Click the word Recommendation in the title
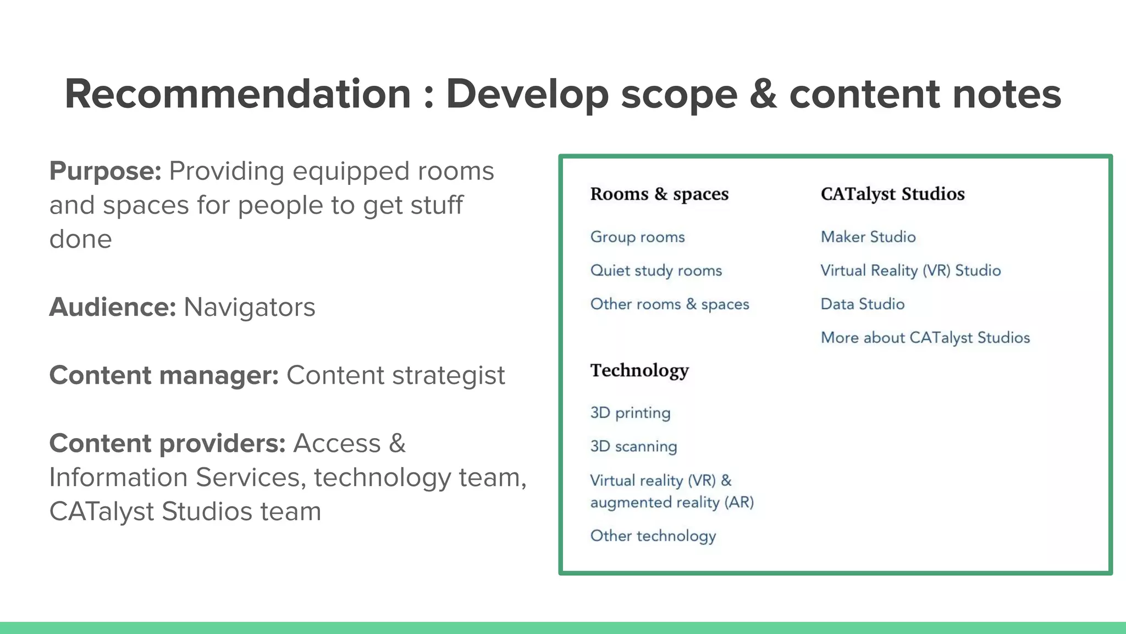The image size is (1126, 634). pyautogui.click(x=238, y=94)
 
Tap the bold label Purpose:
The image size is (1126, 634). pyautogui.click(x=105, y=171)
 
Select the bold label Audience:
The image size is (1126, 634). pyautogui.click(x=112, y=307)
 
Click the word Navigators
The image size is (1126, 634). pyautogui.click(x=249, y=307)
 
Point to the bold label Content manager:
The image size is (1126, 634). pyautogui.click(x=164, y=375)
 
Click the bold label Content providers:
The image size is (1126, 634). pyautogui.click(x=167, y=444)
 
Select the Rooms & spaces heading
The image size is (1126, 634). pyautogui.click(x=659, y=194)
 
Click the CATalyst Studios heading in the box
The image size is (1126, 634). pyautogui.click(x=892, y=194)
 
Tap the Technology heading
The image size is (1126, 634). pyautogui.click(x=639, y=370)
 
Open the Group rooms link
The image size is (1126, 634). pyautogui.click(x=637, y=237)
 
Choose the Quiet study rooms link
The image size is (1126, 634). pyautogui.click(x=656, y=271)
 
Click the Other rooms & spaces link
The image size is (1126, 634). pyautogui.click(x=669, y=304)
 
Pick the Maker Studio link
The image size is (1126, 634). pyautogui.click(x=868, y=237)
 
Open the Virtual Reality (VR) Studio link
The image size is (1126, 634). pyautogui.click(x=910, y=271)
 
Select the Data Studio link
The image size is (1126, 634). pyautogui.click(x=862, y=304)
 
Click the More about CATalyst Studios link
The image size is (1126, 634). pyautogui.click(x=925, y=338)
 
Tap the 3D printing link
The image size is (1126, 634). pyautogui.click(x=630, y=413)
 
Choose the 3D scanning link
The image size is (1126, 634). pyautogui.click(x=633, y=446)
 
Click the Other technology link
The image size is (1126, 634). pyautogui.click(x=653, y=536)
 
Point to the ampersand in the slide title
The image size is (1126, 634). pyautogui.click(x=763, y=94)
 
